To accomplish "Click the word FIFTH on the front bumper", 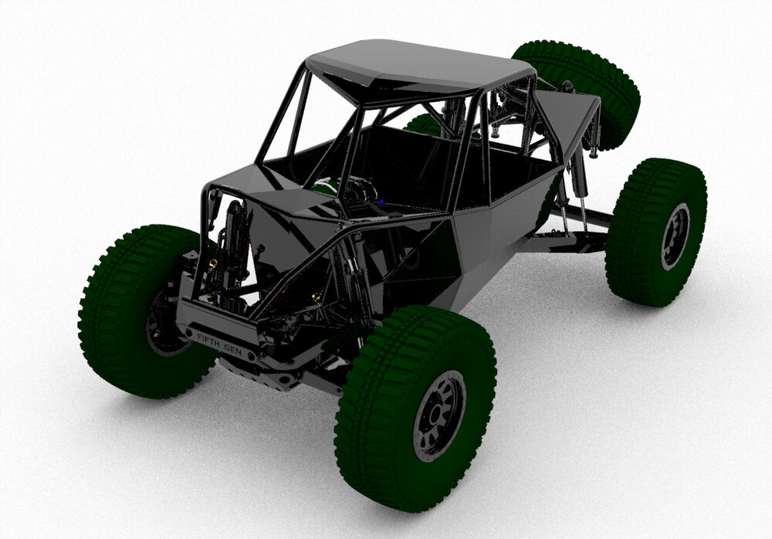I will pyautogui.click(x=207, y=340).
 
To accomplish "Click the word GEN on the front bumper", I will pyautogui.click(x=232, y=349).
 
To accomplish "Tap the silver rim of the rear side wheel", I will pyautogui.click(x=674, y=235).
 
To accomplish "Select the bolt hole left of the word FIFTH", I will pyautogui.click(x=188, y=333).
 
